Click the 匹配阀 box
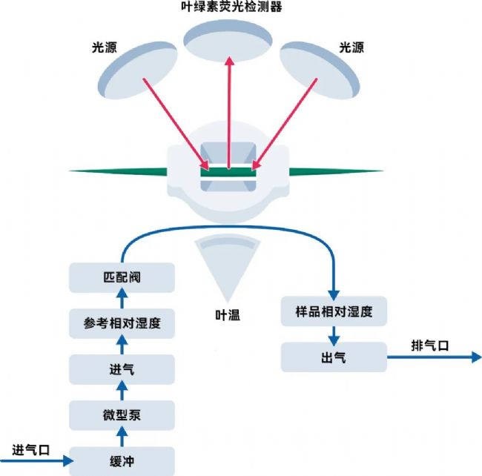coord(122,277)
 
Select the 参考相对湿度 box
coord(122,323)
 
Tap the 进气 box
coord(122,368)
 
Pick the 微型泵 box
coord(122,414)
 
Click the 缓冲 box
coord(122,460)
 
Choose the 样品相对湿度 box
coord(335,312)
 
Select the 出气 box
coord(334,357)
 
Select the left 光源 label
coord(99,47)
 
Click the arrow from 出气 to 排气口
coord(434,357)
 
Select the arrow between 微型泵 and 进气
coord(122,391)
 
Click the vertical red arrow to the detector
coord(229,111)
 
